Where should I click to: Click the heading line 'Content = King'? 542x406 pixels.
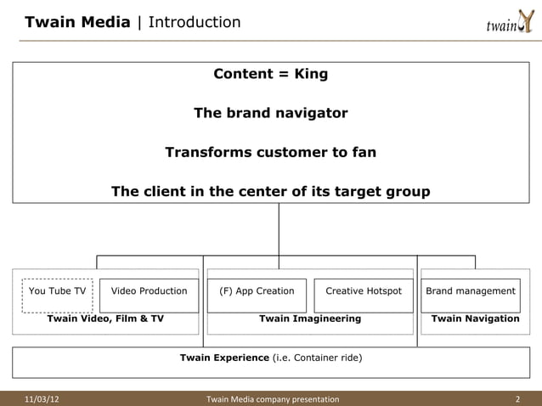click(x=270, y=74)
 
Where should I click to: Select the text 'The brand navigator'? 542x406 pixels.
click(x=270, y=113)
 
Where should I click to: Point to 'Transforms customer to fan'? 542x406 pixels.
click(x=270, y=153)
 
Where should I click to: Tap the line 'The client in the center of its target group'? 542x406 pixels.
click(x=270, y=192)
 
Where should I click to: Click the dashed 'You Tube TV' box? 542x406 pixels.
click(x=58, y=291)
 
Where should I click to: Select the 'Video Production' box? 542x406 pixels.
click(x=150, y=291)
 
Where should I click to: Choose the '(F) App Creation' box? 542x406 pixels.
click(x=257, y=291)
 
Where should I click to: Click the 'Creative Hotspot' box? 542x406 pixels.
click(x=364, y=291)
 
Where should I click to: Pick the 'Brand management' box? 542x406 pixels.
click(x=471, y=291)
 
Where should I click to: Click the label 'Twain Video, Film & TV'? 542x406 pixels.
click(x=105, y=319)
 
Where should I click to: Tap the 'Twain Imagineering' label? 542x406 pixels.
click(x=310, y=319)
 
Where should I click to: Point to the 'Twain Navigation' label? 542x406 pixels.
click(x=475, y=319)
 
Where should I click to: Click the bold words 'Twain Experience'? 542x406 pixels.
click(x=224, y=358)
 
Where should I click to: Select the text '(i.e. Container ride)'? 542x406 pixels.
click(x=317, y=358)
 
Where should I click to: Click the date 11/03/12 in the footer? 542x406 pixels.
click(x=42, y=399)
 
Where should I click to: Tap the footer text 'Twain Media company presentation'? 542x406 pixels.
click(x=273, y=399)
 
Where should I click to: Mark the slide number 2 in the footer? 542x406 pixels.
click(x=517, y=399)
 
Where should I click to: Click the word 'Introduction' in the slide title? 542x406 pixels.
click(x=195, y=22)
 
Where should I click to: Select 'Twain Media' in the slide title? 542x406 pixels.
click(x=77, y=22)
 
